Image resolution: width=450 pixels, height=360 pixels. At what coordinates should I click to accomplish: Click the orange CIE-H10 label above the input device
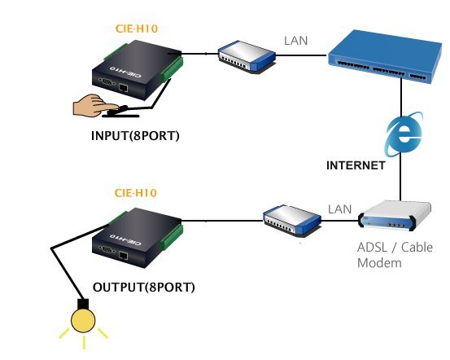pyautogui.click(x=137, y=29)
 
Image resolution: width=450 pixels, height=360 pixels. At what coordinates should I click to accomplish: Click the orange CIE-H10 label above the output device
pyautogui.click(x=135, y=193)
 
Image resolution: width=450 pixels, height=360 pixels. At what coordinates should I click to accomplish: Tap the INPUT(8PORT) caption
pyautogui.click(x=135, y=135)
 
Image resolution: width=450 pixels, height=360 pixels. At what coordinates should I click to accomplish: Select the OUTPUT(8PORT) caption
pyautogui.click(x=144, y=287)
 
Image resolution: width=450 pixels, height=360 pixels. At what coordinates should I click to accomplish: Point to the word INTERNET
pyautogui.click(x=356, y=165)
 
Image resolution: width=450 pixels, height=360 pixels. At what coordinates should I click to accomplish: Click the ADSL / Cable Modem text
pyautogui.click(x=395, y=255)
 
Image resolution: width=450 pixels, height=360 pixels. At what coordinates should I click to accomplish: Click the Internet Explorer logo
pyautogui.click(x=404, y=134)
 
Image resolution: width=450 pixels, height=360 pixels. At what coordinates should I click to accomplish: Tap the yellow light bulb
pyautogui.click(x=83, y=320)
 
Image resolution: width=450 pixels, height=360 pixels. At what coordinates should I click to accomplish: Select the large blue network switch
pyautogui.click(x=385, y=56)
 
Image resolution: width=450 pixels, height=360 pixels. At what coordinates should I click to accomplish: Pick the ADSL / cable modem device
pyautogui.click(x=395, y=216)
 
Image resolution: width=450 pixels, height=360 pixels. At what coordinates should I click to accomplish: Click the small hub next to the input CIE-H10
pyautogui.click(x=247, y=56)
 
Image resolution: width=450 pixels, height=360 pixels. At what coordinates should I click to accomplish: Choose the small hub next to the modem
pyautogui.click(x=292, y=220)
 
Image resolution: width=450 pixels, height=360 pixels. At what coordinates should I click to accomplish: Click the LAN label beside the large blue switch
pyautogui.click(x=296, y=41)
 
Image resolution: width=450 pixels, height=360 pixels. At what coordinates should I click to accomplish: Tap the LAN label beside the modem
pyautogui.click(x=340, y=209)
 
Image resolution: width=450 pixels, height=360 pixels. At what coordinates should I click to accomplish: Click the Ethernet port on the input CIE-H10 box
pyautogui.click(x=124, y=88)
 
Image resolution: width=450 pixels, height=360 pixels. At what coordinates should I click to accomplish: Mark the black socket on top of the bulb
pyautogui.click(x=83, y=304)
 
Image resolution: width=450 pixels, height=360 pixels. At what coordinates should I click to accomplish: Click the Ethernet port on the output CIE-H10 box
pyautogui.click(x=124, y=255)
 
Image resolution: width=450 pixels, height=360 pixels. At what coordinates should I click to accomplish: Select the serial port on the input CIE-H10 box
pyautogui.click(x=107, y=81)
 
